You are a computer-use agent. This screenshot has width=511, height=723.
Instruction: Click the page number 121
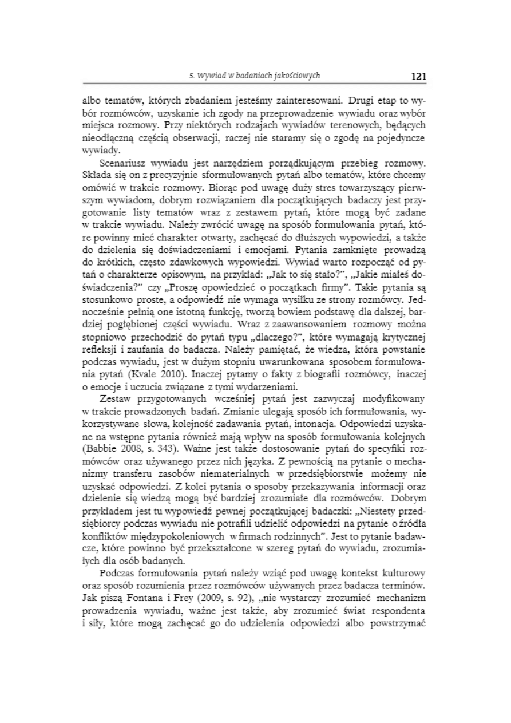[419, 76]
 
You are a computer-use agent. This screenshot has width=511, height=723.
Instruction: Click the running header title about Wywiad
[254, 76]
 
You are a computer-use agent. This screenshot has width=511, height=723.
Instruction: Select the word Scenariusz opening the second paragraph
[121, 164]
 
